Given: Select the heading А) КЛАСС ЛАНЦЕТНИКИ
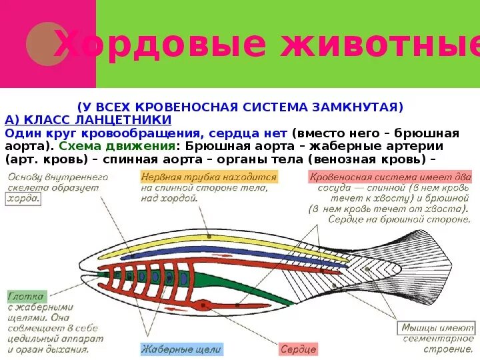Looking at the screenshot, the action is pyautogui.click(x=88, y=120).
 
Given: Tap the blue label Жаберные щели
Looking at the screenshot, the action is pyautogui.click(x=181, y=349).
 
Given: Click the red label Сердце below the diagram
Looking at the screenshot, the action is pyautogui.click(x=298, y=349).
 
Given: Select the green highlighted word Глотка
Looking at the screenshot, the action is pyautogui.click(x=26, y=296).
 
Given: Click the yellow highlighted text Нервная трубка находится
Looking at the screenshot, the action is pyautogui.click(x=209, y=177).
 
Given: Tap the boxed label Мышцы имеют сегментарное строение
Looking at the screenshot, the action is pyautogui.click(x=437, y=333).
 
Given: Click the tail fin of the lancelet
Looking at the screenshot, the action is pyautogui.click(x=427, y=267).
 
